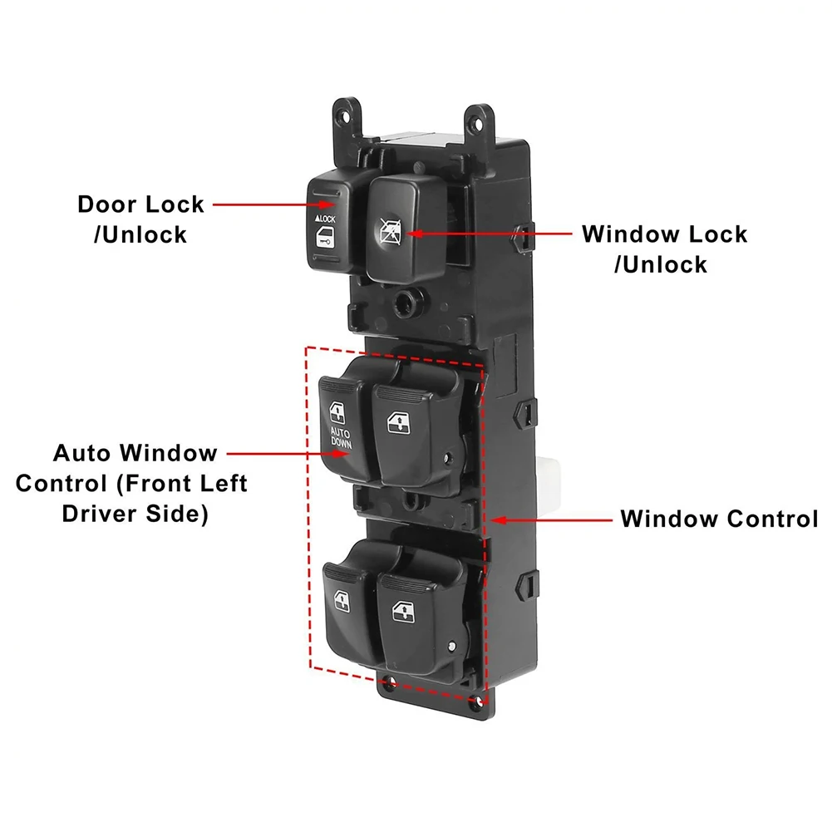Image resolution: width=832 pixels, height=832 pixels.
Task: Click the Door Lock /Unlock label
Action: click(140, 219)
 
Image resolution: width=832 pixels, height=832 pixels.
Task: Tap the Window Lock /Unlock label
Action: click(664, 249)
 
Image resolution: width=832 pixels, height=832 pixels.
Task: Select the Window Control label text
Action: click(719, 519)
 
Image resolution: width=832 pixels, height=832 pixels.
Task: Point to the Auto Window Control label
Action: click(131, 483)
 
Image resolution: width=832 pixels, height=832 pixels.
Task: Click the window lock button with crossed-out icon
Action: click(406, 229)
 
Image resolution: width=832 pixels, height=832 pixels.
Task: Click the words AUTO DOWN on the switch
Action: click(341, 438)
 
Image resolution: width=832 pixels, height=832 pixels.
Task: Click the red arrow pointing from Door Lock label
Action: click(274, 204)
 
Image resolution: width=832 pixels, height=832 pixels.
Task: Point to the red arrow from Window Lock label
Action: click(490, 234)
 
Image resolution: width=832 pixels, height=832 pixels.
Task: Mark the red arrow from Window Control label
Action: click(551, 520)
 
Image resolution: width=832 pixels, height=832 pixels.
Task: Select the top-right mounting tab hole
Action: click(478, 123)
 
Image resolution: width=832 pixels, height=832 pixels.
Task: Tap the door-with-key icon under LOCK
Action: click(323, 237)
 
